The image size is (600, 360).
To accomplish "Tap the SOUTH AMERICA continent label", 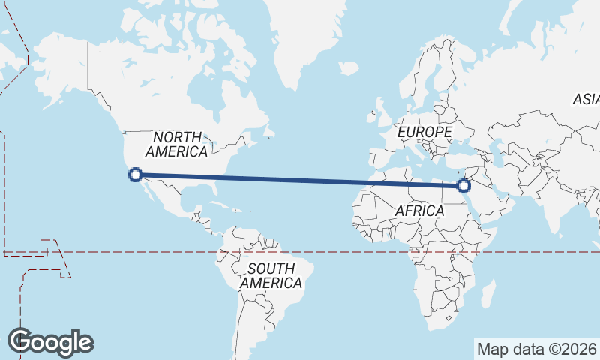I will (x=271, y=276).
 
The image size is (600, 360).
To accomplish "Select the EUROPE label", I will (x=424, y=132).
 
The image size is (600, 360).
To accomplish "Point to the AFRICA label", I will (x=420, y=211).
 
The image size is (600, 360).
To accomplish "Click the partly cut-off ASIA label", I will (x=586, y=99).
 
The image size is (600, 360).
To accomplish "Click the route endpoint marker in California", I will (x=136, y=175).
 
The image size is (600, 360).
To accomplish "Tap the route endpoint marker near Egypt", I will (x=463, y=185).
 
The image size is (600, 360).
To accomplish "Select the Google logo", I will (x=50, y=341).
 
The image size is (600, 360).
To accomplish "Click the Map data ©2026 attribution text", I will (x=536, y=349).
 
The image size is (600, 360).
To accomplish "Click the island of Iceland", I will (x=348, y=68).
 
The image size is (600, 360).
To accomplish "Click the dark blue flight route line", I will (x=300, y=180).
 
